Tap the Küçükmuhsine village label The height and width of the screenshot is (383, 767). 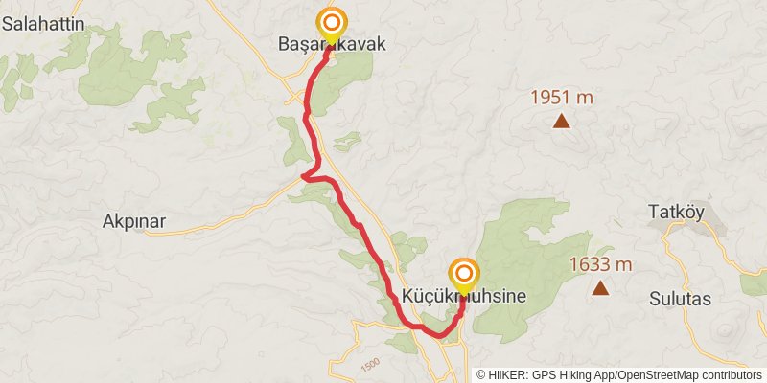pyautogui.click(x=464, y=297)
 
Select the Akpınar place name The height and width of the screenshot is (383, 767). pyautogui.click(x=134, y=222)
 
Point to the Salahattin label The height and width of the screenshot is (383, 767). pyautogui.click(x=43, y=25)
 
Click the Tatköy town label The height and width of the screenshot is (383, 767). pyautogui.click(x=678, y=211)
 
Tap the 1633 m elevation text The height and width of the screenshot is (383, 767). pyautogui.click(x=600, y=264)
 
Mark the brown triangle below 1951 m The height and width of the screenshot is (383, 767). pyautogui.click(x=562, y=122)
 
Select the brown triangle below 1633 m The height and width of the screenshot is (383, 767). pyautogui.click(x=600, y=288)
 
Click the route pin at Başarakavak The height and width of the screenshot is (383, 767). pyautogui.click(x=332, y=24)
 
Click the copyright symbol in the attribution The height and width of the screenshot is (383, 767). pyautogui.click(x=481, y=375)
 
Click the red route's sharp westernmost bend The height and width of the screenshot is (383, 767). pyautogui.click(x=302, y=176)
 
